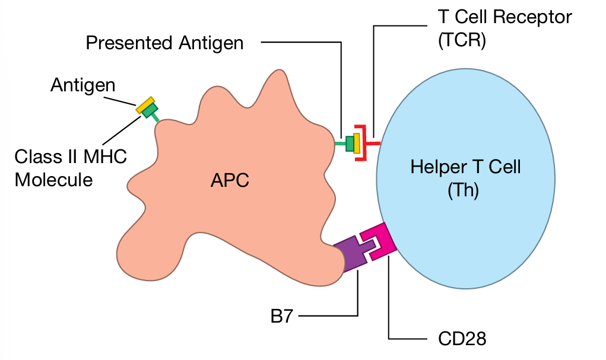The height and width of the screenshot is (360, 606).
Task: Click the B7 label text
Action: [281, 316]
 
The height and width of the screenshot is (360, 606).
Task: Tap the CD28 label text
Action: [462, 339]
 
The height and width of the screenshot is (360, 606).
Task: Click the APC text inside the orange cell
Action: [230, 180]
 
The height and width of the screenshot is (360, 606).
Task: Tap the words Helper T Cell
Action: [465, 167]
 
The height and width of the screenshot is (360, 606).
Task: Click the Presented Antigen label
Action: [164, 43]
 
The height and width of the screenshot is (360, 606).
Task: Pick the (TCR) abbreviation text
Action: [462, 42]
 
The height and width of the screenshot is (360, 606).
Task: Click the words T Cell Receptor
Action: [505, 17]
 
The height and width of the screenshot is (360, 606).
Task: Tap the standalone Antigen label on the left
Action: [83, 85]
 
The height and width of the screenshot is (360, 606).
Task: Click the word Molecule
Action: [53, 179]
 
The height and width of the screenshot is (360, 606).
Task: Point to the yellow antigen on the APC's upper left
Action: [145, 104]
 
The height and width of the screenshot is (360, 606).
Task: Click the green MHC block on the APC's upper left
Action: [150, 110]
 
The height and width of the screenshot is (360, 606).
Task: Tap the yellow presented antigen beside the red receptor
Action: [356, 143]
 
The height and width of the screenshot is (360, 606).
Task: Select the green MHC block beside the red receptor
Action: [350, 143]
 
